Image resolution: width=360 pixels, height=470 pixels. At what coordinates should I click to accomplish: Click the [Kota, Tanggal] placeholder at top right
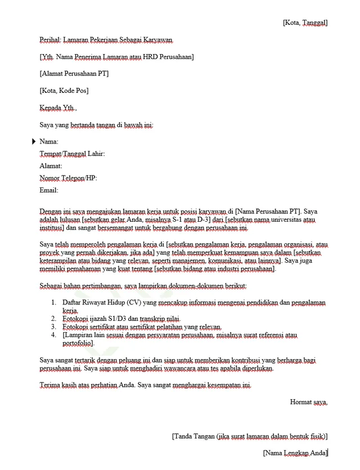click(x=304, y=23)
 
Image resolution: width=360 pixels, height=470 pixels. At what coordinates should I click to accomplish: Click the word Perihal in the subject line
click(x=49, y=40)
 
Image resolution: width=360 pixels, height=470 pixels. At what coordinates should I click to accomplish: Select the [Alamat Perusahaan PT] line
click(x=74, y=74)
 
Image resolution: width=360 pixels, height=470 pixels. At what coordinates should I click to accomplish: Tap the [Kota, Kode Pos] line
click(x=64, y=91)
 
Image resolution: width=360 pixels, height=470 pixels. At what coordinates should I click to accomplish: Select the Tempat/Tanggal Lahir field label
click(x=72, y=154)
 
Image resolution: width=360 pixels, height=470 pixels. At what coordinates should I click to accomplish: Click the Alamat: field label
click(x=51, y=166)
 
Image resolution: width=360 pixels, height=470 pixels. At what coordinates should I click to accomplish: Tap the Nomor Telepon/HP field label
click(x=68, y=178)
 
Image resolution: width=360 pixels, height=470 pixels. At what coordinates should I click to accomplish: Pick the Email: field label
click(x=49, y=190)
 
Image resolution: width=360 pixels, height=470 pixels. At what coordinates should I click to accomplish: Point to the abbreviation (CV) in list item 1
click(x=134, y=303)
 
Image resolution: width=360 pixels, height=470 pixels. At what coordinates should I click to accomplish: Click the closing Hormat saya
click(x=308, y=402)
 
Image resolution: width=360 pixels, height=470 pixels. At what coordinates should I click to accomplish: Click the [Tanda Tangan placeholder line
click(x=249, y=436)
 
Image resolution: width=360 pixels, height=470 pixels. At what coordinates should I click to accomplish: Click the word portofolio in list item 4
click(x=78, y=343)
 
